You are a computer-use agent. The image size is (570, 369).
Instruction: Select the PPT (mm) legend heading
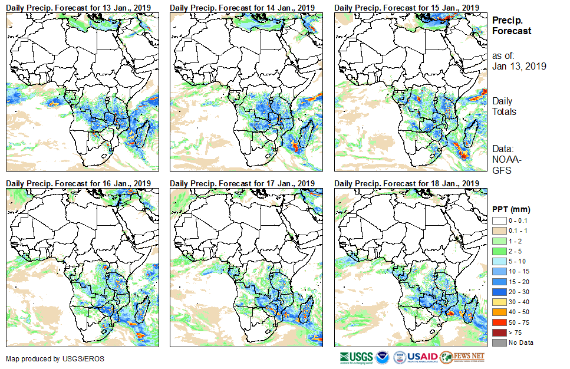[x=511, y=209]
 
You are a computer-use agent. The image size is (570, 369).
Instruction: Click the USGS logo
[x=356, y=357]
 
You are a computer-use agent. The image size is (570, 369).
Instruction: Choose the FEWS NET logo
[x=462, y=357]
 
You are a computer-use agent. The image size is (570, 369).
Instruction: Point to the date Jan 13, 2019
[x=519, y=66]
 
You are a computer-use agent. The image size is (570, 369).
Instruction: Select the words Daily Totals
[x=504, y=106]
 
